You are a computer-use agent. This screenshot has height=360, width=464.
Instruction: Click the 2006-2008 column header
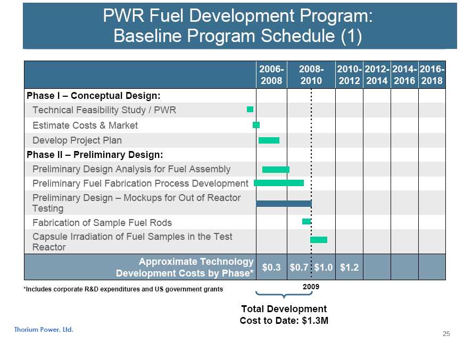(x=271, y=76)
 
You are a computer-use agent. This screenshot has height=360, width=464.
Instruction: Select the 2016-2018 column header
(x=432, y=76)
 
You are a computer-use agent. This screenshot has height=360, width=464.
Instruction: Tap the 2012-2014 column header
(x=377, y=76)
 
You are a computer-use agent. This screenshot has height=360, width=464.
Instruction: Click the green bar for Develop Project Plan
(x=269, y=140)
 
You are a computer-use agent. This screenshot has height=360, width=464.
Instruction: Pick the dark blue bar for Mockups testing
(x=284, y=203)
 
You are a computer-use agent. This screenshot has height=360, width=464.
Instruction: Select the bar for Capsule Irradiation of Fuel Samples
(x=319, y=240)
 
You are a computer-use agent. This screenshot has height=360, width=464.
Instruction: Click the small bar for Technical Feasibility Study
(x=250, y=110)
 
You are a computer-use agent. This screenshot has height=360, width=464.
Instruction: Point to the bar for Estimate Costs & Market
(x=256, y=125)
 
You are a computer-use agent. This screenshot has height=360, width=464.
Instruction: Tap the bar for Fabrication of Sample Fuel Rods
(x=306, y=221)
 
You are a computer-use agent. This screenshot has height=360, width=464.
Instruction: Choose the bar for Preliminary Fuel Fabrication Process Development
(x=279, y=183)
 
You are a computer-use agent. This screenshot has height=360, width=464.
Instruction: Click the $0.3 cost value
(x=271, y=267)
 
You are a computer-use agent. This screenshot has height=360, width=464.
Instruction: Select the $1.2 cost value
(x=349, y=267)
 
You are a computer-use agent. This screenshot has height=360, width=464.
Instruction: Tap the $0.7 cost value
(x=299, y=267)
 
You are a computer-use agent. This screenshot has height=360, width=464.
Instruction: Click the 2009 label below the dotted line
(x=311, y=287)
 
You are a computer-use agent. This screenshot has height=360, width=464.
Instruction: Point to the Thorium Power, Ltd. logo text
(x=44, y=330)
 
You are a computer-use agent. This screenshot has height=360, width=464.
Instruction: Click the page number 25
(x=446, y=334)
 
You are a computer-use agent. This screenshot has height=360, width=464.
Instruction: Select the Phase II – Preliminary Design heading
(x=95, y=155)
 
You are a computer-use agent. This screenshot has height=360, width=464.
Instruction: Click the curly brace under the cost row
(x=283, y=294)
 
